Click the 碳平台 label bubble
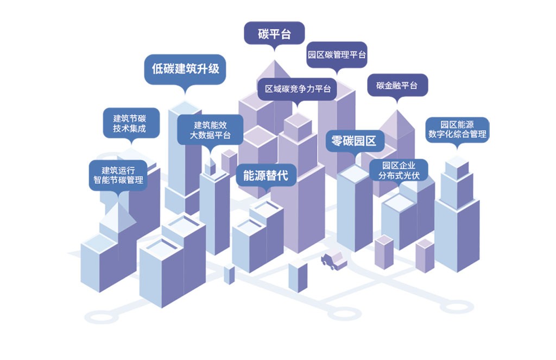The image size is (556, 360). pyautogui.click(x=274, y=34)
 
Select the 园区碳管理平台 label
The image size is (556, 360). pyautogui.click(x=337, y=55)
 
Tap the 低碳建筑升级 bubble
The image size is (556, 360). pyautogui.click(x=185, y=69)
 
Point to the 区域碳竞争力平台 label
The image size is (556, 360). pyautogui.click(x=297, y=88)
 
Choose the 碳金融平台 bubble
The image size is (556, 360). pyautogui.click(x=397, y=85)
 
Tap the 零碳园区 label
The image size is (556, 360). pyautogui.click(x=354, y=142)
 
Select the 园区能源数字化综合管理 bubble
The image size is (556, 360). pyautogui.click(x=457, y=129)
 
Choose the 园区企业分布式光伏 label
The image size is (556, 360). pyautogui.click(x=399, y=170)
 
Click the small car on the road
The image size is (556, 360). pyautogui.click(x=333, y=261)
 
